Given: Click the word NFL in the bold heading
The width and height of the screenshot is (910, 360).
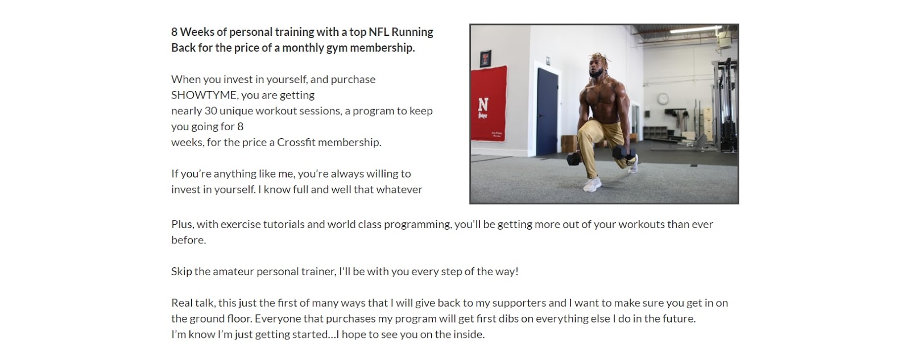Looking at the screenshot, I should [378, 32].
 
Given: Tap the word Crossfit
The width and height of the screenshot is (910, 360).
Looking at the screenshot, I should [296, 142].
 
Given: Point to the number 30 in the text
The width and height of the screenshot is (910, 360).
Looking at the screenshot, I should [210, 111].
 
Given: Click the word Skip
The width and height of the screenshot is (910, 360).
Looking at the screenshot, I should [181, 271].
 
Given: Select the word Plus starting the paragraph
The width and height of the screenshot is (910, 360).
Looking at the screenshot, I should [182, 224].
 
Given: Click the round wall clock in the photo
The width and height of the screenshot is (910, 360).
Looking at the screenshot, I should [663, 98].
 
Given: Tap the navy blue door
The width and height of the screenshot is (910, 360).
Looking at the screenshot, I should [547, 108].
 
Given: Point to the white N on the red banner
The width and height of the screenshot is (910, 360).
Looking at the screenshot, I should [483, 105].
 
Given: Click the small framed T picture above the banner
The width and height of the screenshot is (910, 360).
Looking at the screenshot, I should [485, 57].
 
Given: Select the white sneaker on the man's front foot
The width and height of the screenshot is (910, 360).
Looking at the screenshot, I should [592, 185].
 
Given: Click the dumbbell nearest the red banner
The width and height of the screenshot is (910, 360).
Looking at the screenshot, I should [573, 159].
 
